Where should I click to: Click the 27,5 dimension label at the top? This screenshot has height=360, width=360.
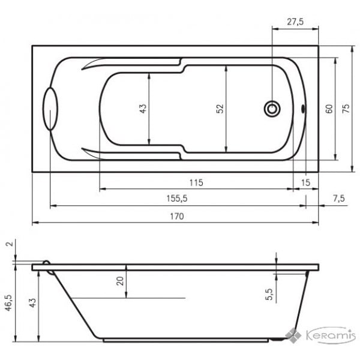295,22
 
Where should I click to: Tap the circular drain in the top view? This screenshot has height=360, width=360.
272,109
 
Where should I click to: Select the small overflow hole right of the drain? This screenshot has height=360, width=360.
303,109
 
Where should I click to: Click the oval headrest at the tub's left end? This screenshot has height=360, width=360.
50,109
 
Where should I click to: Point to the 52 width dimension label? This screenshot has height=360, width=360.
220,109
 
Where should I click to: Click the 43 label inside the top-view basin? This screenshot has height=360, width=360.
143,109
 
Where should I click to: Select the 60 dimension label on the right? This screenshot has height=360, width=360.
329,109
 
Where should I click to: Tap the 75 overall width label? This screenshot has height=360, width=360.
346,109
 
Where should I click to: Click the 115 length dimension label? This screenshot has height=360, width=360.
196,183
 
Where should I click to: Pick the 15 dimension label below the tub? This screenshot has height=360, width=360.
305,183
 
